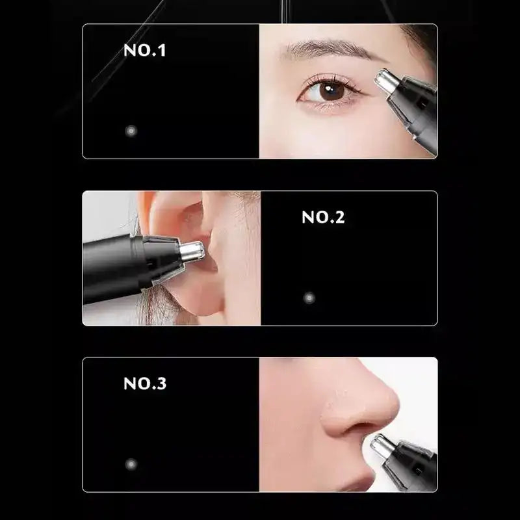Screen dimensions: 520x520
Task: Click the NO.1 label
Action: coord(144,51)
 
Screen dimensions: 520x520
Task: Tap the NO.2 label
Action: coord(323,218)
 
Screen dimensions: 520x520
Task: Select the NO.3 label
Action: coord(145,383)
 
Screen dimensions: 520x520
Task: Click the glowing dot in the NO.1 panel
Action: coord(131,131)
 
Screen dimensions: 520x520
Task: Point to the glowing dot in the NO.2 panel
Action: coord(309,298)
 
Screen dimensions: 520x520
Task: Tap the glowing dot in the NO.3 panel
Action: coord(131,464)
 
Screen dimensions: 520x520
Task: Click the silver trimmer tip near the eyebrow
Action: coord(386,81)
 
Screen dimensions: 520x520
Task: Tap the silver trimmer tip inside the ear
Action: coord(192,251)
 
